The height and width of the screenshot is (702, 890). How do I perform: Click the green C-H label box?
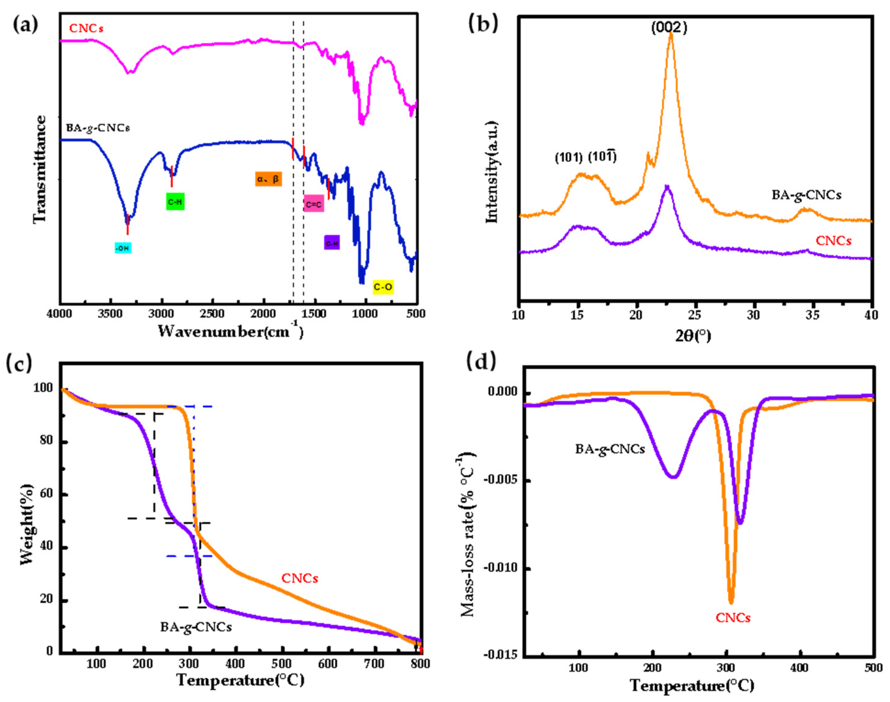175,201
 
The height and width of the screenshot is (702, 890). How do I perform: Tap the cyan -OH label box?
123,248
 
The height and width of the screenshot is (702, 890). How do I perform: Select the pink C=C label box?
314,204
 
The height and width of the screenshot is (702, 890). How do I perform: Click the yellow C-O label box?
383,287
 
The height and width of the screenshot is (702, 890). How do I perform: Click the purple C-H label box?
331,243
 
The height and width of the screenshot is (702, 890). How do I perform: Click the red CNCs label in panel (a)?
86,28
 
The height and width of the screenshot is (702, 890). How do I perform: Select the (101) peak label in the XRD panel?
569,157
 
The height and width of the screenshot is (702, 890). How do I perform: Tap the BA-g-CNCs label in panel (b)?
806,194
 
